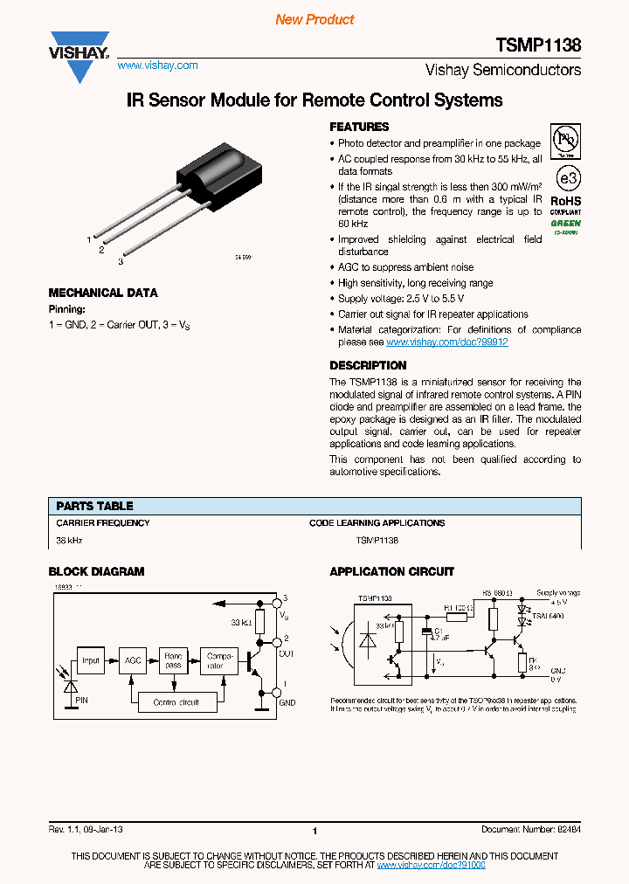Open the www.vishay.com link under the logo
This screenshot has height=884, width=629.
[157, 66]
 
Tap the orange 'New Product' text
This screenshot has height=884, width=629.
[314, 19]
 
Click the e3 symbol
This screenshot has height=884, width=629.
[569, 178]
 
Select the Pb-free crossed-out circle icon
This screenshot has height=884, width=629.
[567, 140]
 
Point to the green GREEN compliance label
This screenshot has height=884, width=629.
[565, 223]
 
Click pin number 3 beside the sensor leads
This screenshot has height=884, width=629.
[120, 260]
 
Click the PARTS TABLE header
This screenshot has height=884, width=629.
[94, 506]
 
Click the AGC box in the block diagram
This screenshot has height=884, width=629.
[133, 661]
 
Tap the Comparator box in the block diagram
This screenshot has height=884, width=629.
[215, 661]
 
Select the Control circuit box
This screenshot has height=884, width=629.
[176, 701]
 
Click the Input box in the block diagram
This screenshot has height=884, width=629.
[91, 661]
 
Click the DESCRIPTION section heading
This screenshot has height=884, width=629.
[368, 366]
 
